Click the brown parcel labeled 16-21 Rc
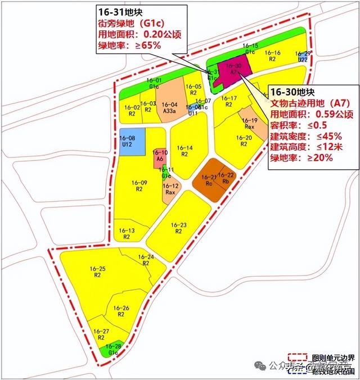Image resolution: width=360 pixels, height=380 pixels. tap(208, 180)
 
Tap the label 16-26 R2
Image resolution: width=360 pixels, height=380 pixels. tap(121, 311)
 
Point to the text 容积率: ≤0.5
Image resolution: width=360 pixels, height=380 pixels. tap(300, 125)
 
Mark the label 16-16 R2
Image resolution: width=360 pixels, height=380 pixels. tap(273, 55)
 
